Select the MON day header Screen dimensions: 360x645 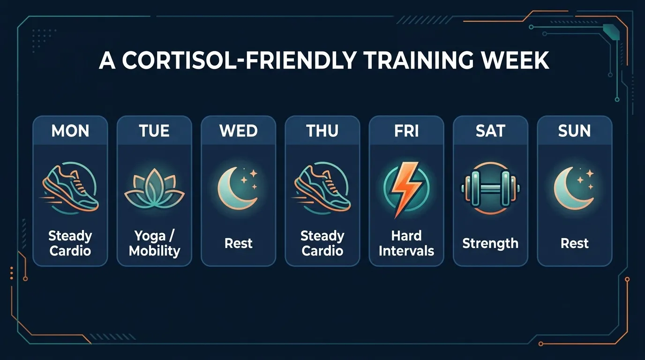point(70,131)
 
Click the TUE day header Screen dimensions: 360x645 point(154,131)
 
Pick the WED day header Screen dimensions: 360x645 point(239,131)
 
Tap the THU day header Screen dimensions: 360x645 point(322,131)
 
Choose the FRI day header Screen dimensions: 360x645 point(406,131)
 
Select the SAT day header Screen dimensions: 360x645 point(490,131)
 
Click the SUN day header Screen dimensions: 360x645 point(575,131)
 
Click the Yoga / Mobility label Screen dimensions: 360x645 point(154,243)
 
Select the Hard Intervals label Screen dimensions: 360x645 point(406,243)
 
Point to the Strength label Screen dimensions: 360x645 point(490,243)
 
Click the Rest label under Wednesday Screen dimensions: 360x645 point(239,243)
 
